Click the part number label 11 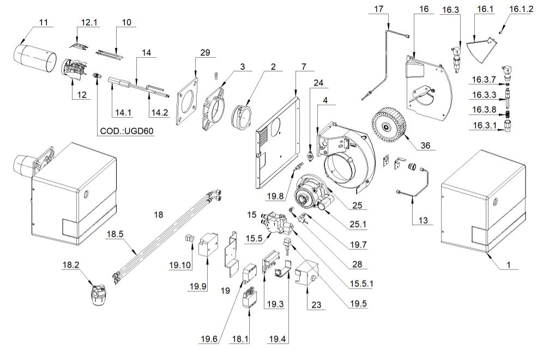click(x=44, y=22)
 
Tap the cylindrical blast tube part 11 click(x=34, y=56)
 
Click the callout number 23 click(x=316, y=305)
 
